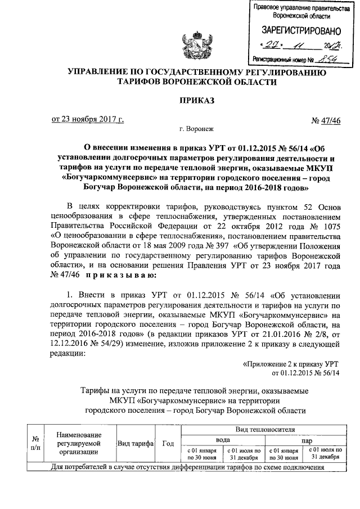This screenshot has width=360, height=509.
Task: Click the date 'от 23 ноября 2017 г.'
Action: (x=87, y=119)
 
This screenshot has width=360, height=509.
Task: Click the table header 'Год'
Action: (x=167, y=444)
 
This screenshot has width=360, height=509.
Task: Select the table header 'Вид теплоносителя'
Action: (x=265, y=430)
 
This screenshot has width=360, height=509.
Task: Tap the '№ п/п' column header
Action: (x=35, y=444)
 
